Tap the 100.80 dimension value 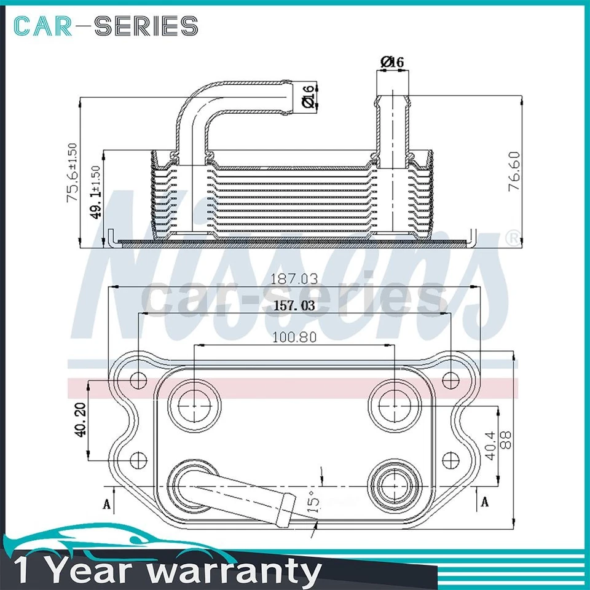pos(294,337)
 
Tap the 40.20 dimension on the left pos(80,420)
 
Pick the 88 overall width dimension pos(506,440)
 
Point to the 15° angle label pos(313,501)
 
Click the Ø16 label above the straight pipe pos(392,62)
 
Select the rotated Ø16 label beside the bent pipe pos(309,96)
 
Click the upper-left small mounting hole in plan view pos(140,379)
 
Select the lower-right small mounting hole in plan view pos(450,458)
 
